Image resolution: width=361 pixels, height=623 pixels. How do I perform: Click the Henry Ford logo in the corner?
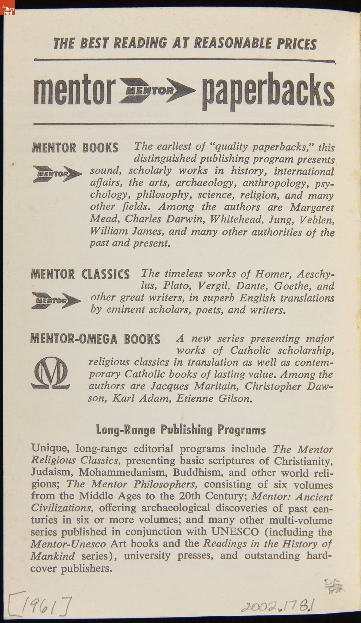click(8, 8)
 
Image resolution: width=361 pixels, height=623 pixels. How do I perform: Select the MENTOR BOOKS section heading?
click(75, 148)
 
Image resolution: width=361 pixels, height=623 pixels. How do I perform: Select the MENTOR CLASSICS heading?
click(80, 274)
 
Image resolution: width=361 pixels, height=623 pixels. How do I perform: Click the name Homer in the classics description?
click(273, 274)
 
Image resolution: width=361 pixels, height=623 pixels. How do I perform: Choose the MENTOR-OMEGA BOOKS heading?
click(95, 339)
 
